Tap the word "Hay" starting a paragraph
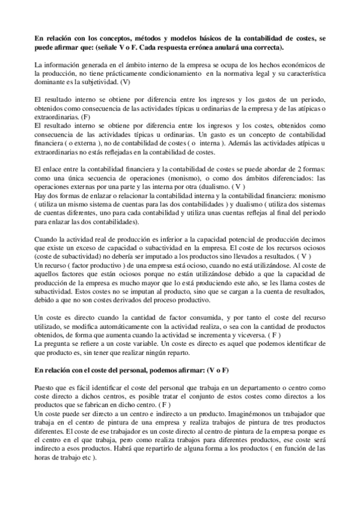click(41, 196)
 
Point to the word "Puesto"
click(46, 389)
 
